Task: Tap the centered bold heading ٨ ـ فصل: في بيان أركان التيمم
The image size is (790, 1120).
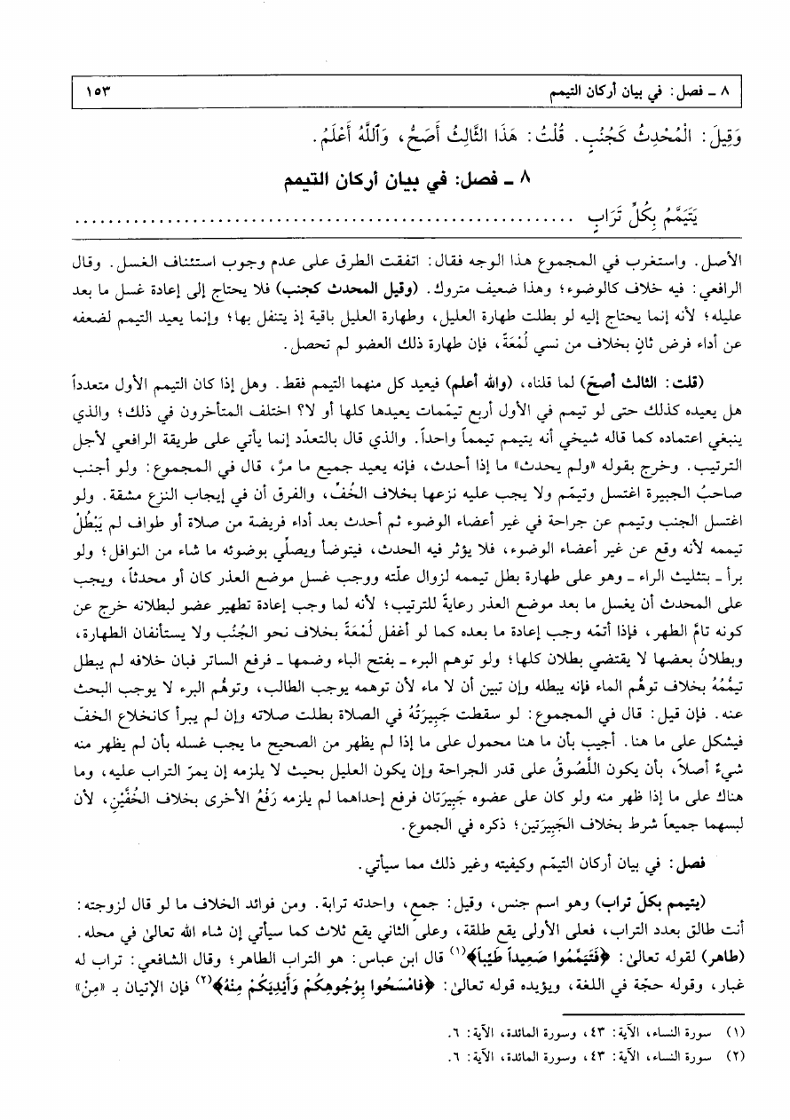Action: (x=396, y=180)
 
